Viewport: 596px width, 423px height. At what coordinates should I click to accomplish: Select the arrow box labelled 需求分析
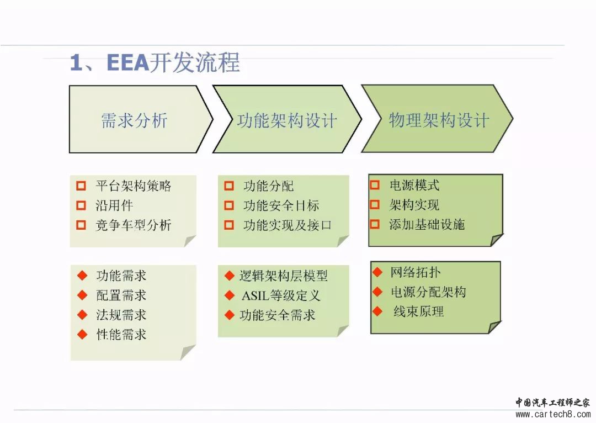point(141,119)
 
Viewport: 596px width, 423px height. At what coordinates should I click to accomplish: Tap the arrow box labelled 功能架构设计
point(286,119)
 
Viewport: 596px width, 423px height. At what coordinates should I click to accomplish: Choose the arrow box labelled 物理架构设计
point(437,119)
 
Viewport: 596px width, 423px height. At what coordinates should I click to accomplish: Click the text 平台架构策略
point(134,186)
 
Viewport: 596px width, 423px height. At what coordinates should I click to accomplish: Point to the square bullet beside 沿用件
point(81,205)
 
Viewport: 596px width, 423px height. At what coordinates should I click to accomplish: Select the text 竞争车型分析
point(134,225)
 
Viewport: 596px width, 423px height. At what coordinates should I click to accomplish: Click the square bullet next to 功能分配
point(229,186)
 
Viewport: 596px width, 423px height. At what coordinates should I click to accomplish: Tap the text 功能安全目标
point(281,205)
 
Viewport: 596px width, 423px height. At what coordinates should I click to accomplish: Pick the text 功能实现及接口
point(288,225)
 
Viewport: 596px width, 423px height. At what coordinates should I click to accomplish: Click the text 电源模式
point(414,185)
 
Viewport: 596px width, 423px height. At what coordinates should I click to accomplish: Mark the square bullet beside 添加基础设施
point(375,224)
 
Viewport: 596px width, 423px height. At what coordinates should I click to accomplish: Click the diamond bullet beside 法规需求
point(82,315)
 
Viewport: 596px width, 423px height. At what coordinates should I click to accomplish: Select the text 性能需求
point(121,335)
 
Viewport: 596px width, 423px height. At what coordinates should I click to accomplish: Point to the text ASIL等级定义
point(281,295)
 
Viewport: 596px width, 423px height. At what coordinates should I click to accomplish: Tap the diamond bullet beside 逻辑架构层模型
point(229,276)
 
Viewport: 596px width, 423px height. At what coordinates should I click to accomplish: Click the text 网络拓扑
point(416,272)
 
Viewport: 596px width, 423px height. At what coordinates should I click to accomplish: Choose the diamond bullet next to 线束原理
point(377,311)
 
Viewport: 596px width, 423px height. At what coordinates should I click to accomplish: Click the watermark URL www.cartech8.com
point(553,414)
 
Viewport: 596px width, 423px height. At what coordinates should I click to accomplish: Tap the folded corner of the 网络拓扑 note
point(493,327)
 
